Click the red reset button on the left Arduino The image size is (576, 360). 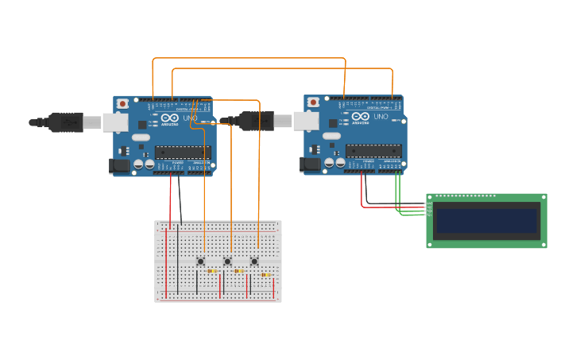[x=123, y=103]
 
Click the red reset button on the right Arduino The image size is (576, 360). [x=314, y=103]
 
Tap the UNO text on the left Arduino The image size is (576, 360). [x=191, y=118]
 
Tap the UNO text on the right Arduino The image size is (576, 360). [x=381, y=118]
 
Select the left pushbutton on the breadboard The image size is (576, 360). [x=201, y=261]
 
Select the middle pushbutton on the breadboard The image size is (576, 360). [x=227, y=261]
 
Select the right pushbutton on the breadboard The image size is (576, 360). [x=254, y=261]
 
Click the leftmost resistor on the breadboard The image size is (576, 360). [x=212, y=271]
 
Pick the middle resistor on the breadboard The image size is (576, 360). [x=239, y=271]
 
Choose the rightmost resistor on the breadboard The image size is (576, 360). [x=266, y=274]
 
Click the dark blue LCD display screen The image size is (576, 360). [x=486, y=221]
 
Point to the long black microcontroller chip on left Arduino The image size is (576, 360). [x=183, y=152]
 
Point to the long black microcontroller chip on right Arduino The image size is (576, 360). [x=373, y=151]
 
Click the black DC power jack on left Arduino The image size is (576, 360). [x=118, y=165]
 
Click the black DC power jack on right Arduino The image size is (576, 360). [x=309, y=165]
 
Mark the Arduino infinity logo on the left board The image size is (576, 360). [x=169, y=118]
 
